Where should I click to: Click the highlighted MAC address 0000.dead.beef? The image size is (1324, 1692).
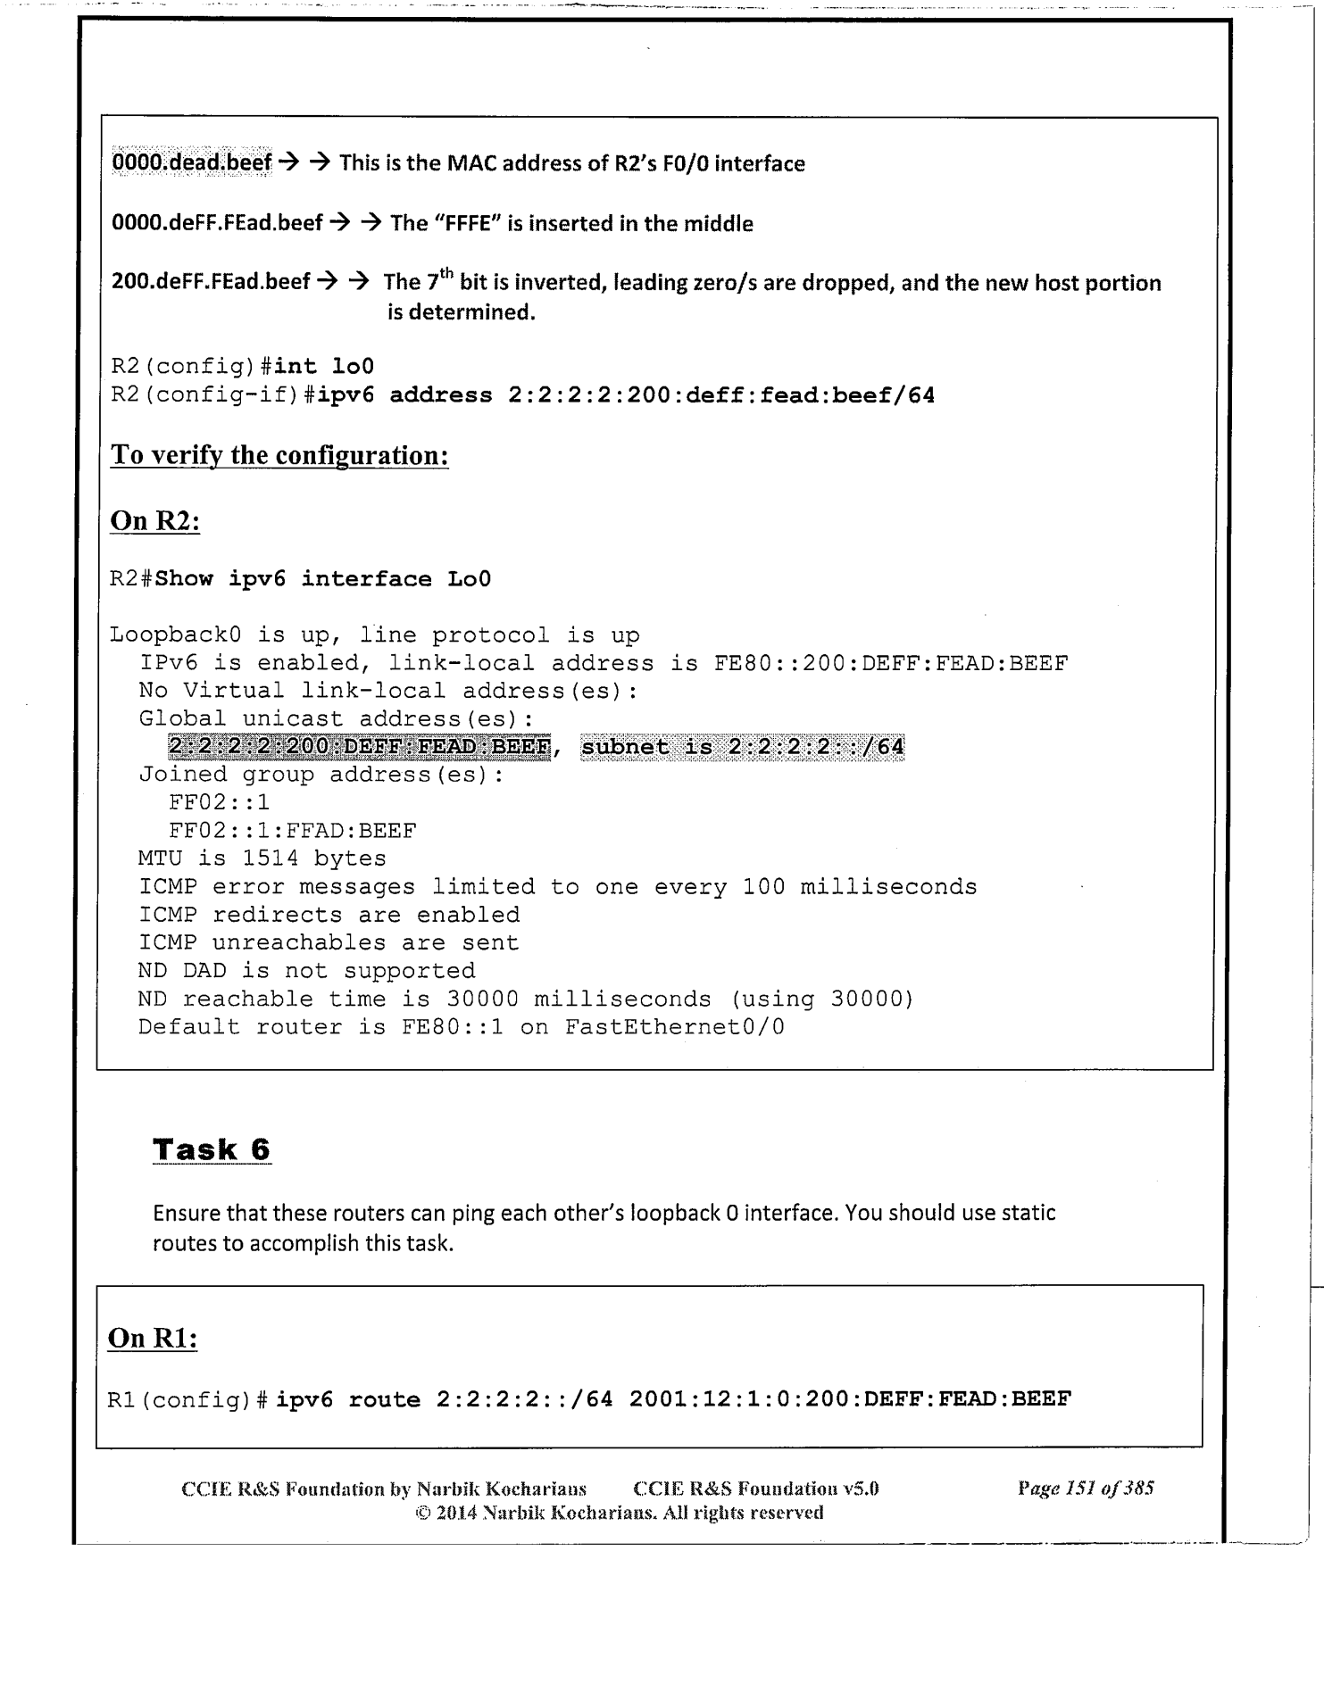[191, 163]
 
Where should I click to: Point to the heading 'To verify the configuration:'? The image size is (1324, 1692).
[279, 455]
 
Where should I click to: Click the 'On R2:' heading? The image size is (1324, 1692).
[154, 521]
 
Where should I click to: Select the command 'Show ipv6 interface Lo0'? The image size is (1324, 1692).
[323, 579]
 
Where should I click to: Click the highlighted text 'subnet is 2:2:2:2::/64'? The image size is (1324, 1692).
[742, 747]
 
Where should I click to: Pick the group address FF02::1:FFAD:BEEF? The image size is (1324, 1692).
[292, 831]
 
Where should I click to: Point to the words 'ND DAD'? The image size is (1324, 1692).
[182, 970]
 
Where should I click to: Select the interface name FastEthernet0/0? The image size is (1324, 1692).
[674, 1026]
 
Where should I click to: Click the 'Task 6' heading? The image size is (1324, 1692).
[212, 1149]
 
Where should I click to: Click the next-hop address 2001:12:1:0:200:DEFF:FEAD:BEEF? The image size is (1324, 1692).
[849, 1399]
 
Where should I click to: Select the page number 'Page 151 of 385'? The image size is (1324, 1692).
[1086, 1488]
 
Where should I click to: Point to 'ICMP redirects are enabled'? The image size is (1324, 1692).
[329, 915]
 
